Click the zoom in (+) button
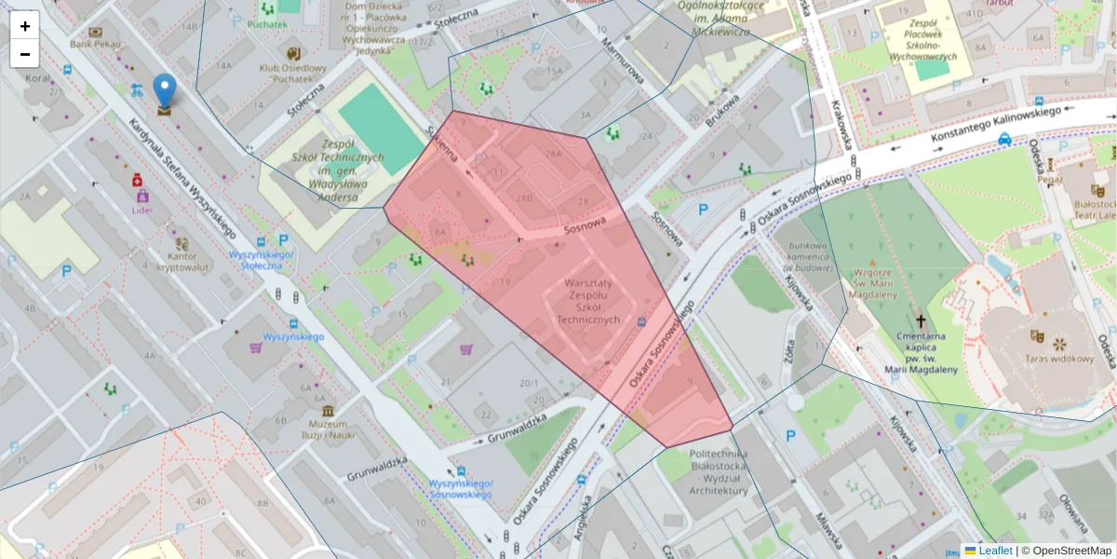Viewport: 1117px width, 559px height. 24,26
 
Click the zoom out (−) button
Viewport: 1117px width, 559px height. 24,54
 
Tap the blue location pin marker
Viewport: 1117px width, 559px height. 165,92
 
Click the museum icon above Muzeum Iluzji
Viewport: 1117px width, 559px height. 328,411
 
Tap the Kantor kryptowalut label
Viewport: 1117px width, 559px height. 181,261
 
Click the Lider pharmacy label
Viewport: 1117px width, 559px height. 142,211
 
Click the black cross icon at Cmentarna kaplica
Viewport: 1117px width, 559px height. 921,318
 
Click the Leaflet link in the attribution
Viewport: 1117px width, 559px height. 994,551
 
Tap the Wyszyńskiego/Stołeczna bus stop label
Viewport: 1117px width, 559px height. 262,260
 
